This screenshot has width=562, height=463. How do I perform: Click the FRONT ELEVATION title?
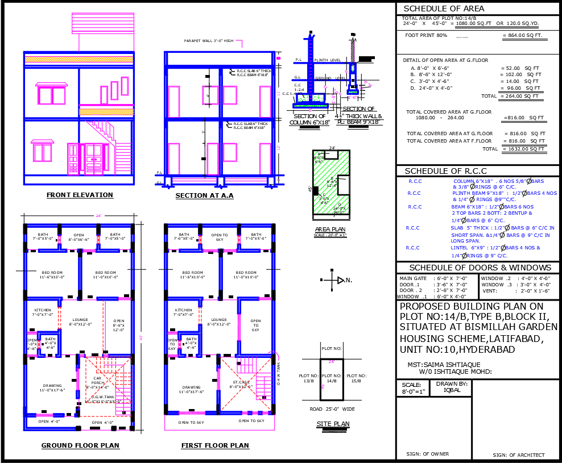[80, 195]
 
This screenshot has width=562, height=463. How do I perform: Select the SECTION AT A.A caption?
[204, 195]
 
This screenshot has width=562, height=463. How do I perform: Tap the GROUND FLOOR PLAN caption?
[80, 445]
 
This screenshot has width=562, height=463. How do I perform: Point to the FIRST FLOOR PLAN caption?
[215, 445]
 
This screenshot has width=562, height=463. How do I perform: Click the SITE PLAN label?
[333, 424]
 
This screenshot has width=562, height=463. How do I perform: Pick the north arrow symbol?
[340, 280]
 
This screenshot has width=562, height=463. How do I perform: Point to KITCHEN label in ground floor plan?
[42, 311]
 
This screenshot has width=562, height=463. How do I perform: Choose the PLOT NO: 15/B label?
[357, 378]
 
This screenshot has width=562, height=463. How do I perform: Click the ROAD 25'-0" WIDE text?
[333, 408]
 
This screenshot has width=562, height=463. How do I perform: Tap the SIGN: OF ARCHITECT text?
[518, 455]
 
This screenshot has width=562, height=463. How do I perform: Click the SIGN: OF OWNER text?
[428, 454]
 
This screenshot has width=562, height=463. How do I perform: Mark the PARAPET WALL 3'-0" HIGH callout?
[209, 41]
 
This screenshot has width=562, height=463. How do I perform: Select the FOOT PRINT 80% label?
[426, 36]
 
